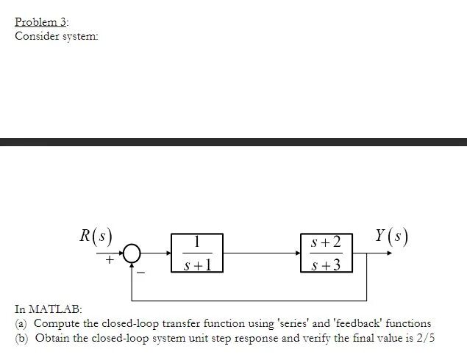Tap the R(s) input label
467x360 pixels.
[x=96, y=237]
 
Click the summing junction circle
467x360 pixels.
[x=131, y=253]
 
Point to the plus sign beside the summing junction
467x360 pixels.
[x=109, y=259]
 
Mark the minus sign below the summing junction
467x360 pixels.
[x=143, y=273]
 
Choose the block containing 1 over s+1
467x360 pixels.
[x=197, y=253]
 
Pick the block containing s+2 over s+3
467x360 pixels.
[x=327, y=253]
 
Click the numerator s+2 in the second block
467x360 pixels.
[x=327, y=242]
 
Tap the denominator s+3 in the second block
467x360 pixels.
[x=327, y=264]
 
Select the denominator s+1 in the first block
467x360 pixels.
[x=197, y=264]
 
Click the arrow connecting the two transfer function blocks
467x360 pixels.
[x=261, y=253]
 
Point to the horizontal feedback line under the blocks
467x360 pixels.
[x=250, y=300]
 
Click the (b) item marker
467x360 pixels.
[x=21, y=338]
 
